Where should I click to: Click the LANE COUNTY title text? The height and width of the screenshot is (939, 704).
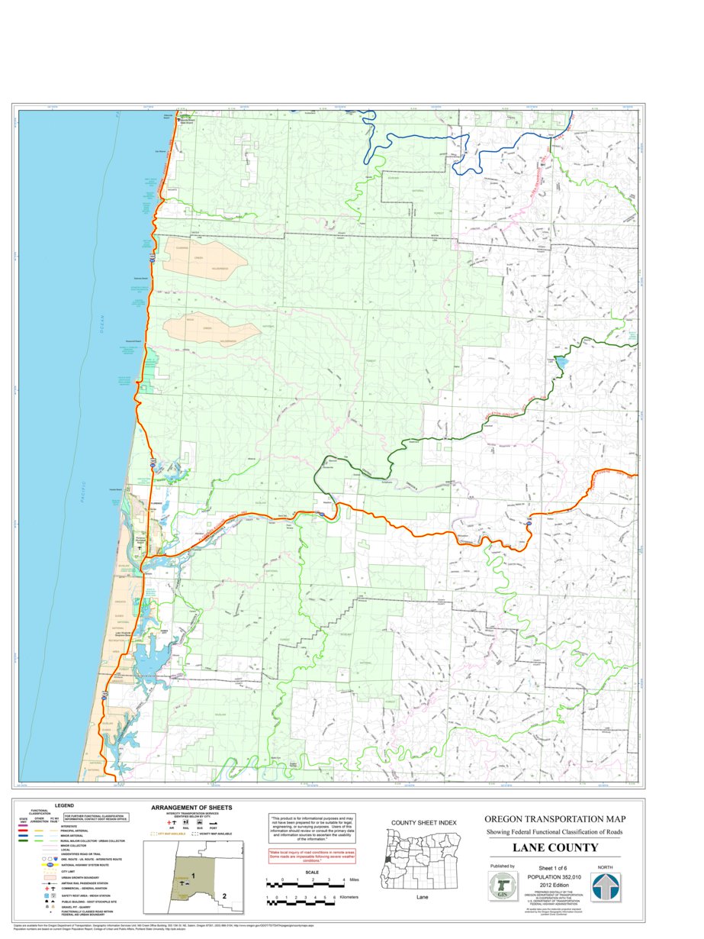point(555,848)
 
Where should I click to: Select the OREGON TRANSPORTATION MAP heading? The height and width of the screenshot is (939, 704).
point(555,818)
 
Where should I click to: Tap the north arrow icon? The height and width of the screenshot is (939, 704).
point(606,887)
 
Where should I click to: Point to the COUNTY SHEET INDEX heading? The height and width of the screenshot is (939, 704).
point(423,822)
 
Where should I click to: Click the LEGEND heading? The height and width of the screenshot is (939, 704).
point(64,805)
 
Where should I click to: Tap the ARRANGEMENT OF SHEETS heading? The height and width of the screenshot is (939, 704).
point(191,808)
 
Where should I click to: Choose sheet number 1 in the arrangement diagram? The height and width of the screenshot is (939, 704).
point(194,875)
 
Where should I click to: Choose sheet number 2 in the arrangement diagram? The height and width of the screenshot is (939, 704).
point(224,895)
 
